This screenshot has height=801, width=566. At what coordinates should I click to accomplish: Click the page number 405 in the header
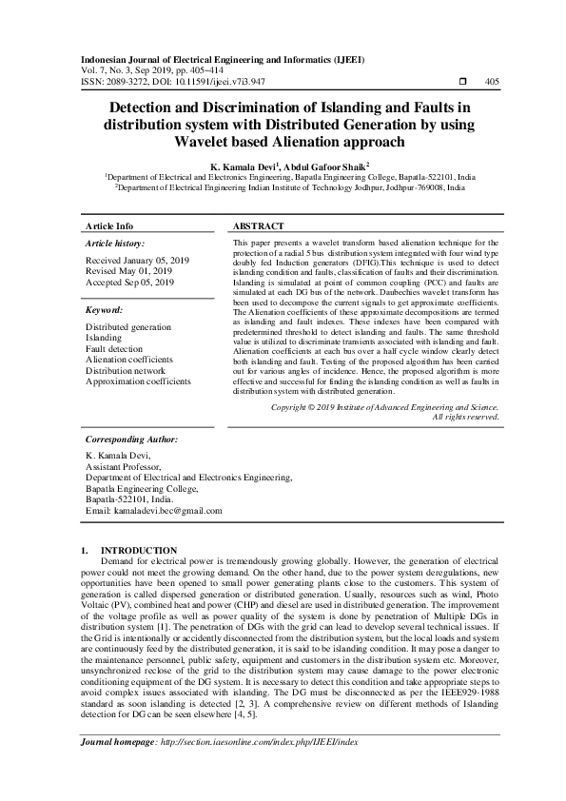point(492,82)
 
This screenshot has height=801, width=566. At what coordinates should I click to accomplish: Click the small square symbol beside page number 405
point(463,82)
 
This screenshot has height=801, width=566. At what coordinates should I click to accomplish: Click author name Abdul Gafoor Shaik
point(321,166)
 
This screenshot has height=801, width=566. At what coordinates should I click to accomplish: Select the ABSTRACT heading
point(258,226)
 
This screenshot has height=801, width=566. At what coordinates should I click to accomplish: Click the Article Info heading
point(109,226)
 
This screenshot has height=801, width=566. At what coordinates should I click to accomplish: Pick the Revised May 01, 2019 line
point(129,271)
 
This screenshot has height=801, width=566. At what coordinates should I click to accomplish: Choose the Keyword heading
point(105,310)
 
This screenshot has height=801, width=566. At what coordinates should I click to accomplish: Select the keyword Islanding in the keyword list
point(105,338)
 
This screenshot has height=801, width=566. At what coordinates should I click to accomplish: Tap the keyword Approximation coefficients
point(138,381)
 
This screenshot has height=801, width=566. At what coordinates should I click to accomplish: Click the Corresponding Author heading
point(131,440)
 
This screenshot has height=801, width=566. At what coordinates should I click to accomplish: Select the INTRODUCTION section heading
point(139,550)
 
